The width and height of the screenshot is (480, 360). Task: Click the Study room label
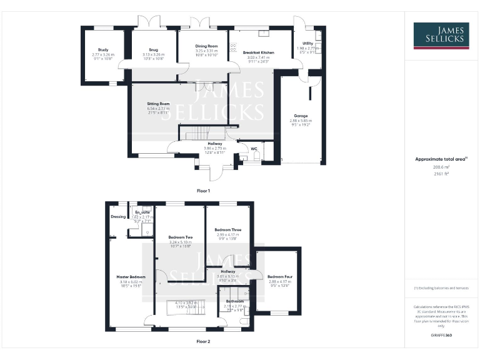tap(103, 49)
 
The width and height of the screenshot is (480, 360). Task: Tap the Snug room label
tap(154, 49)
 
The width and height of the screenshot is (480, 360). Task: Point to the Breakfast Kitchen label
tap(259, 53)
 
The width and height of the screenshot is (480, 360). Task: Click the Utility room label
tap(309, 43)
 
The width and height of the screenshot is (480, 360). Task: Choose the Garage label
tap(301, 116)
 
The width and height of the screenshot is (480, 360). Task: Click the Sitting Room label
tap(158, 103)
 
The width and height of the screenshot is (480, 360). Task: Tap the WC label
tap(254, 149)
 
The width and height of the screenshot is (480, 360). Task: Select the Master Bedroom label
tap(131, 276)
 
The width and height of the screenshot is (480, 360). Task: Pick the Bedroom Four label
tap(279, 276)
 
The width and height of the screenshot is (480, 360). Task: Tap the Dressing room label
tap(118, 217)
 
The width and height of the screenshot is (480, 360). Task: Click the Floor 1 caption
tap(204, 190)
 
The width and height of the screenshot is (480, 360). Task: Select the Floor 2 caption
tap(204, 342)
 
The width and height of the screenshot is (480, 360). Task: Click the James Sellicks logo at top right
tap(441, 36)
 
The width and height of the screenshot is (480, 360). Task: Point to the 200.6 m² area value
tap(441, 167)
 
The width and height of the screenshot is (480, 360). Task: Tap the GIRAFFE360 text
tap(441, 336)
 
